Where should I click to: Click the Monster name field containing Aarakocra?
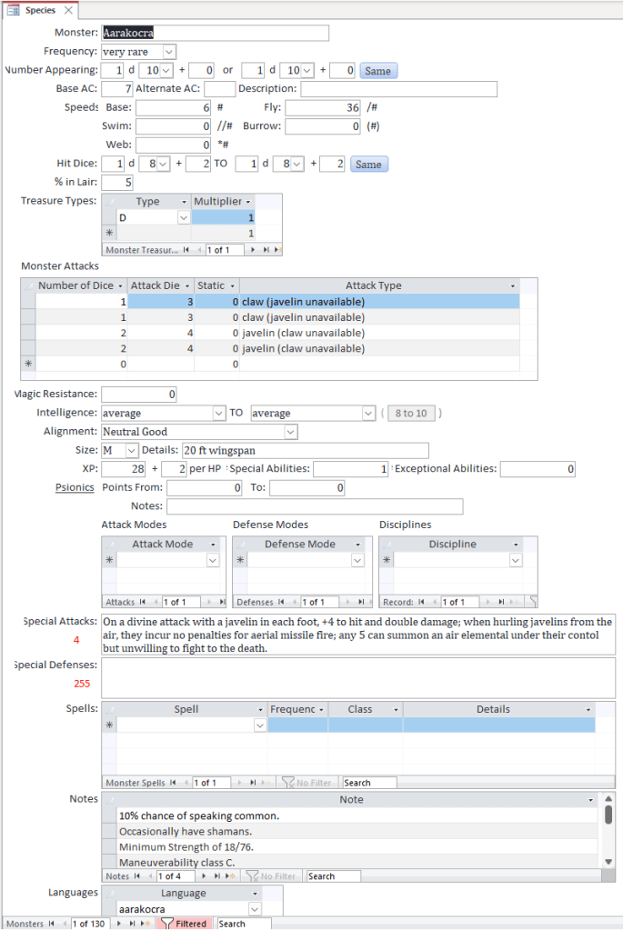(x=215, y=33)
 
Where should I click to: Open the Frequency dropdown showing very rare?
(x=169, y=52)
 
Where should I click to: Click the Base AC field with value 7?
(x=116, y=89)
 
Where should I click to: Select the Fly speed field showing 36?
(x=323, y=107)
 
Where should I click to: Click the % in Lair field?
(x=116, y=183)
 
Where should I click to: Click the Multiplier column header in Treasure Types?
(x=223, y=201)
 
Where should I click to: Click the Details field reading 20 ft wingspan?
(x=304, y=451)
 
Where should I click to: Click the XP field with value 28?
(x=124, y=469)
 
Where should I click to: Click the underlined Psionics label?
(x=75, y=487)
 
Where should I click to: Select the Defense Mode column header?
(x=300, y=544)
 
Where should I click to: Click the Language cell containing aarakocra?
(x=182, y=909)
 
